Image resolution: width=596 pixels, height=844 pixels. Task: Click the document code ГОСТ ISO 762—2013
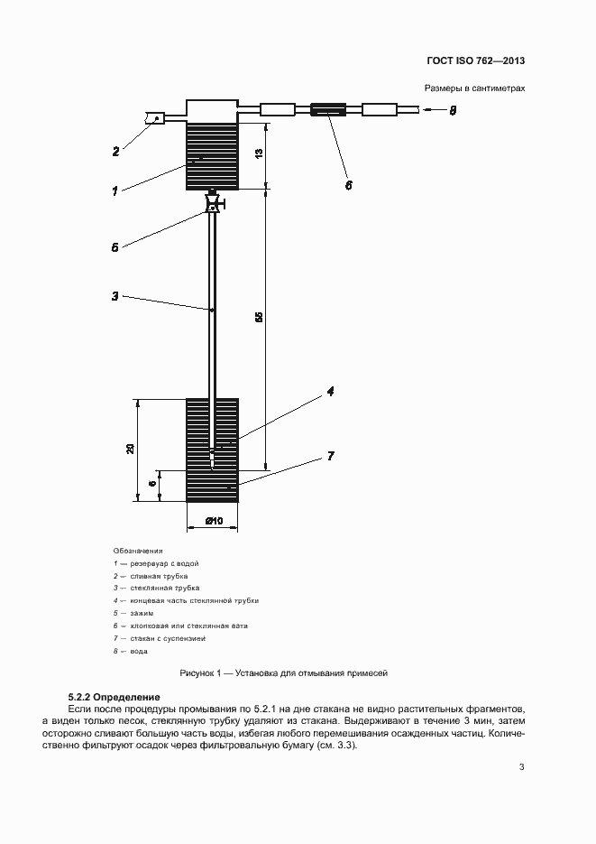pos(476,61)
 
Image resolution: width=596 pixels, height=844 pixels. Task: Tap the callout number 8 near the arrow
pos(454,111)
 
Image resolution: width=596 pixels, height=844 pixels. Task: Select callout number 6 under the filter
pos(349,185)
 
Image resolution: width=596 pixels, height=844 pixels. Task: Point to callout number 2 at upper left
pos(115,152)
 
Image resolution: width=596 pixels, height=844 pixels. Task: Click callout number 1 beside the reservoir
pos(115,190)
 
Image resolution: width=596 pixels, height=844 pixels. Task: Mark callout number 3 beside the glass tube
pos(115,295)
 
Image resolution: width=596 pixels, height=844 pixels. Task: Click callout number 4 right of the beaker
pos(331,392)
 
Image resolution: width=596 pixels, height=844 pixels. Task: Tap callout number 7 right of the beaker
pos(331,457)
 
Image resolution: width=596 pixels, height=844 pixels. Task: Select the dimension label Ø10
pos(214,521)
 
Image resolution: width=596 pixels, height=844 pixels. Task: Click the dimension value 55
pos(259,318)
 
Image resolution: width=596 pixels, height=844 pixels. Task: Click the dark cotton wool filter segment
pos(329,111)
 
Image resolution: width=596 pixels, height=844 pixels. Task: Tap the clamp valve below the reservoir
pos(214,204)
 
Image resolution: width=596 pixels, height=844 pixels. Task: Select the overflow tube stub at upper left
pos(154,118)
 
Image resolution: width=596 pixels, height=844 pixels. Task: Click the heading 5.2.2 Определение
pos(114,698)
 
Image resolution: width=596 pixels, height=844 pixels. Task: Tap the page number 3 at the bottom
pos(522,768)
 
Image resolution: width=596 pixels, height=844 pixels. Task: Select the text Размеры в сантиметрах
pos(474,88)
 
